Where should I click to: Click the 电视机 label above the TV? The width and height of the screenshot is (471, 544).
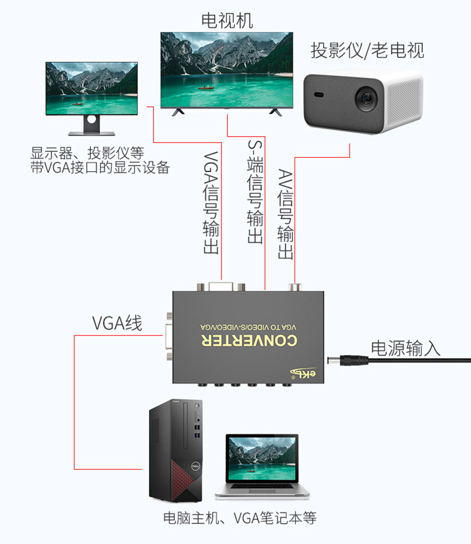tap(227, 21)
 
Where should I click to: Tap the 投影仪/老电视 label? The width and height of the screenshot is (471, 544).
tap(367, 51)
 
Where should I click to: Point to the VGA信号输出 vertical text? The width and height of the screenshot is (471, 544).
tap(212, 203)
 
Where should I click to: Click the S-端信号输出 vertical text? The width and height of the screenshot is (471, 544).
tap(255, 192)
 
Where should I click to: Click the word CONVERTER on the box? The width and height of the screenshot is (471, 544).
tap(248, 342)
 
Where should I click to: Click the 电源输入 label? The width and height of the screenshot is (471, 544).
tap(406, 348)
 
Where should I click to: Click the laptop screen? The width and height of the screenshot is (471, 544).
tap(262, 459)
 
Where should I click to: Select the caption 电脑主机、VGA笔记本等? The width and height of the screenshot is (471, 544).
tap(240, 518)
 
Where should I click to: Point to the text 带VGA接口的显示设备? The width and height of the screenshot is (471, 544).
tap(100, 168)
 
